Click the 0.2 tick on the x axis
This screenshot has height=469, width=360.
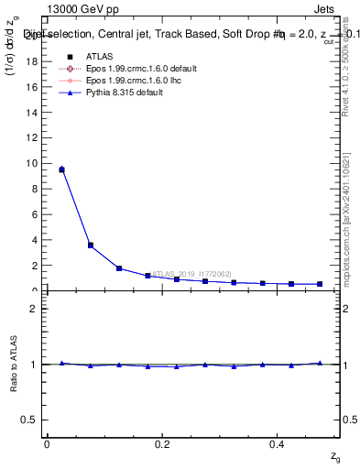coord(162,443)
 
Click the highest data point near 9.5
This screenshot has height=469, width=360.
coord(61,169)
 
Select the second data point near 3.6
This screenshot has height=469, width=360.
coord(90,245)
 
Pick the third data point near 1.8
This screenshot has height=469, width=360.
coord(119,268)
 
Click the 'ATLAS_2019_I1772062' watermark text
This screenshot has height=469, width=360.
coord(192,274)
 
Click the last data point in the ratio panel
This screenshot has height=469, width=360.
coord(320,363)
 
